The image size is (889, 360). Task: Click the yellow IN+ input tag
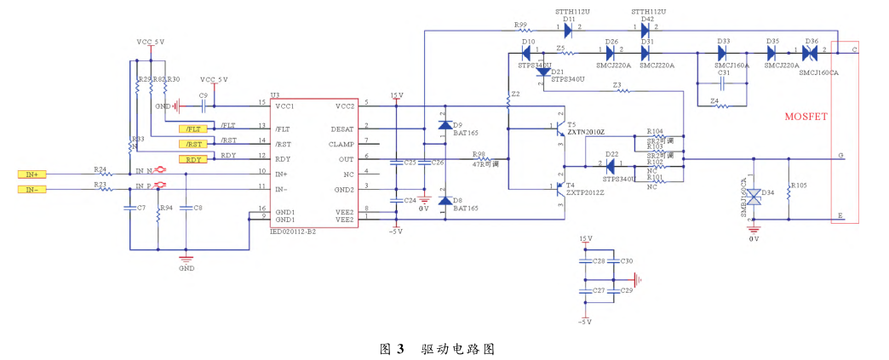pos(31,174)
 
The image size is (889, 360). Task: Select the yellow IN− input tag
pos(31,188)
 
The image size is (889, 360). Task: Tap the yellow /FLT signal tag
pos(193,129)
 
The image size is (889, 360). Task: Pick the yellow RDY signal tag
pos(193,159)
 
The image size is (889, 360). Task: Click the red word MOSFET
pos(805,116)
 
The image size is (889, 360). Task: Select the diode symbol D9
pos(444,125)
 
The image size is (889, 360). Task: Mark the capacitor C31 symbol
pos(723,83)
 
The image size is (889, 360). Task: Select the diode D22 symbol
pos(611,165)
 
